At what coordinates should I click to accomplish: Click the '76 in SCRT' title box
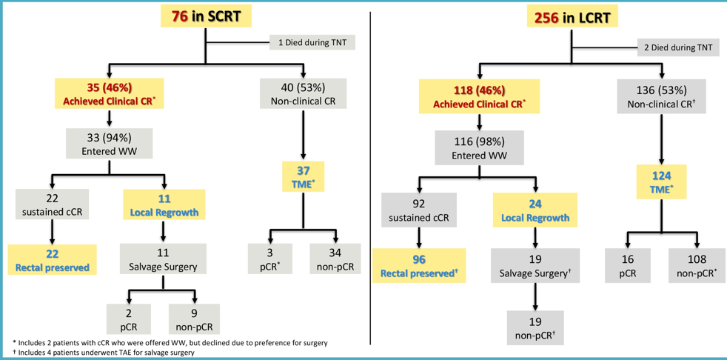pos(207,16)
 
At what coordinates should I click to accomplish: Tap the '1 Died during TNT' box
pos(312,42)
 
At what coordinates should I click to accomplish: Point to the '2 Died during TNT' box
pos(678,48)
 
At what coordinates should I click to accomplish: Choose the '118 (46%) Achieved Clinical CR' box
pos(480,97)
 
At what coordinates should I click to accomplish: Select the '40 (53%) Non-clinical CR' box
pos(304,93)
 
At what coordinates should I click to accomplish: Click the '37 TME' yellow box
pos(304,177)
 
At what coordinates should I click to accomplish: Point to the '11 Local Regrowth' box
pos(164,205)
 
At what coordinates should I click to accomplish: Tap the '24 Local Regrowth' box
pos(534,210)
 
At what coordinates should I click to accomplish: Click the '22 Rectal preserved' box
pos(51,260)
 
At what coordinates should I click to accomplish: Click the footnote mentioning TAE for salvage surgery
pos(104,353)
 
